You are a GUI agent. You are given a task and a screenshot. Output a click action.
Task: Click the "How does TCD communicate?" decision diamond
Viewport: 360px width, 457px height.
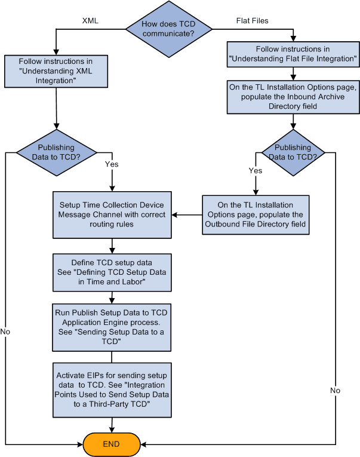pos(168,29)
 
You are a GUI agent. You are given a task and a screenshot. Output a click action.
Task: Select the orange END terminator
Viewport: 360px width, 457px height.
pos(112,444)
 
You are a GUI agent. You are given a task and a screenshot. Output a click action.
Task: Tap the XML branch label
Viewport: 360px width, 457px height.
pos(90,21)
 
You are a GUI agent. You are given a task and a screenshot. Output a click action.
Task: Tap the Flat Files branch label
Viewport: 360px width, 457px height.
pos(252,20)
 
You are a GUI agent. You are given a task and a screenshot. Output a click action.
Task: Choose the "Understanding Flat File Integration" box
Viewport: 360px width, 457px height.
pos(293,54)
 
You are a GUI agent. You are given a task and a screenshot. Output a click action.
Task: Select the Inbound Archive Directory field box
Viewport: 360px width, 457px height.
pos(293,97)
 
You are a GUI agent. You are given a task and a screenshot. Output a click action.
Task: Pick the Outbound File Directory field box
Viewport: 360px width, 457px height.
pos(255,214)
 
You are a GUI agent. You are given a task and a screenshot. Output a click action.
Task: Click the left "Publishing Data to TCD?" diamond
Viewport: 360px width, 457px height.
pos(56,152)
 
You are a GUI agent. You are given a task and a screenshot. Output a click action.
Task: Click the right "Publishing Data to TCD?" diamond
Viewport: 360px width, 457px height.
pos(293,152)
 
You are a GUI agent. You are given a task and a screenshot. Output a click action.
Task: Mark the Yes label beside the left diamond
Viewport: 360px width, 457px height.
pos(111,163)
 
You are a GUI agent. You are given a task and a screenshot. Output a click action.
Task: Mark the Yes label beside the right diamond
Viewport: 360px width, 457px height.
pos(256,170)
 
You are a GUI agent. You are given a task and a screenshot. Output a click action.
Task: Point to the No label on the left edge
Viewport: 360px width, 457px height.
pos(5,330)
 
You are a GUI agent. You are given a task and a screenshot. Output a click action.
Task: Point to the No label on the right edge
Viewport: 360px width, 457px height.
pos(336,390)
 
